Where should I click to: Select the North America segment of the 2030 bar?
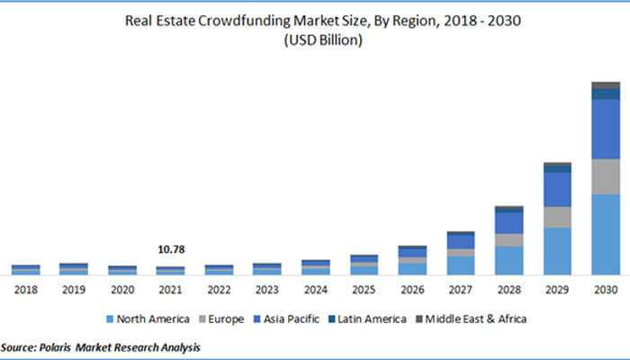click(606, 234)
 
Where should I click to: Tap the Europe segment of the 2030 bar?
click(606, 176)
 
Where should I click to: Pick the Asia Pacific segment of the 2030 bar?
click(606, 129)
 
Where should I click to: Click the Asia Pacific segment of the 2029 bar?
click(557, 189)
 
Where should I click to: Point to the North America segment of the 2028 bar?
click(508, 259)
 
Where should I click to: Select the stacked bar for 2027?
click(460, 253)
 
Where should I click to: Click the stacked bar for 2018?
click(25, 269)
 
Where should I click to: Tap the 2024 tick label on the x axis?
click(315, 290)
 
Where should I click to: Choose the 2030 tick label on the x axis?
click(606, 290)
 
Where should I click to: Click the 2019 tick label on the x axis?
click(73, 290)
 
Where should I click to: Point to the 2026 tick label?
click(412, 290)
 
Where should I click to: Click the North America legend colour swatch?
click(110, 319)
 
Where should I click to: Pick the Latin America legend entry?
click(370, 319)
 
